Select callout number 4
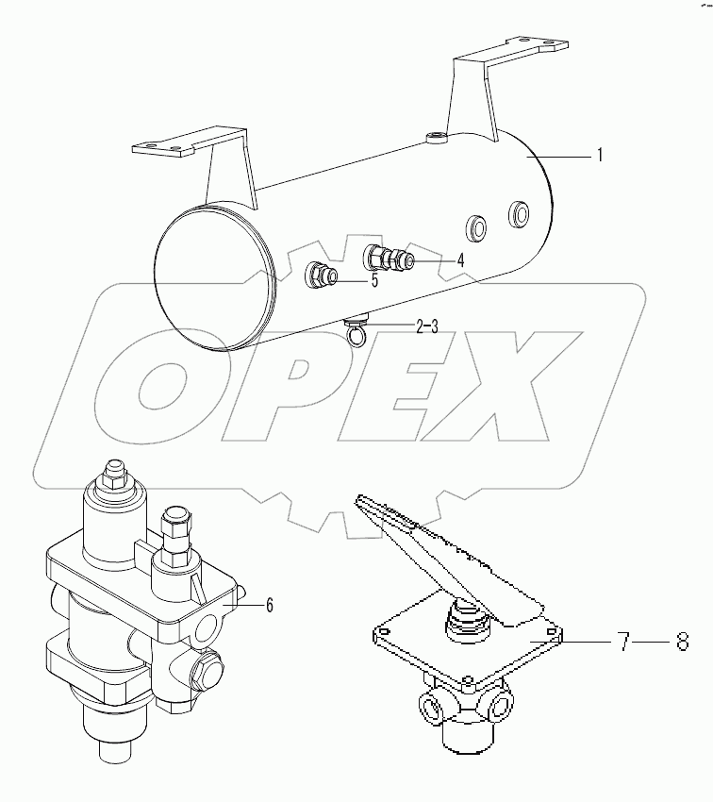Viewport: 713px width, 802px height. [x=460, y=259]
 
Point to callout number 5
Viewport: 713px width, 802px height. [x=374, y=280]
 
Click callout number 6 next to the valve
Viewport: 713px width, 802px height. [x=269, y=606]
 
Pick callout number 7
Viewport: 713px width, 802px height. [x=623, y=643]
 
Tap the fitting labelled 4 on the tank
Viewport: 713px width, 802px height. [x=390, y=256]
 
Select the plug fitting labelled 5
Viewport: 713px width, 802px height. [x=322, y=276]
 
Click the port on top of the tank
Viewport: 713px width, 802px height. [x=436, y=141]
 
